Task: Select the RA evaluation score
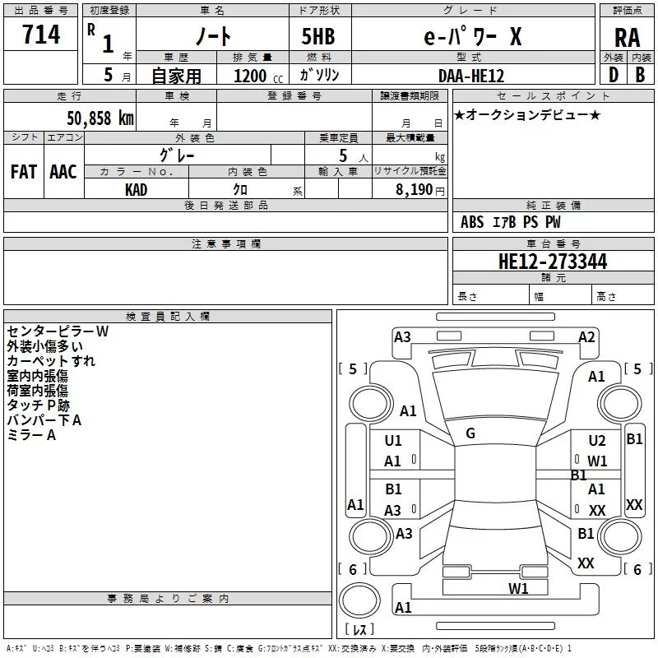pos(627,39)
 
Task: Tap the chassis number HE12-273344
pos(553,262)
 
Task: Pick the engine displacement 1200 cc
pos(256,76)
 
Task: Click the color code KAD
pos(137,188)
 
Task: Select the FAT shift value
pos(23,172)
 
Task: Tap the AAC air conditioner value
pos(63,172)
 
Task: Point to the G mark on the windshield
pos(470,433)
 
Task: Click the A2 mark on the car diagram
pos(586,336)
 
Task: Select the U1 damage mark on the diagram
pos(393,441)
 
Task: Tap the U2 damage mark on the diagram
pos(596,441)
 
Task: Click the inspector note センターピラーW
pos(58,331)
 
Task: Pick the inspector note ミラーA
pos(31,435)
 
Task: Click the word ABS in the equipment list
pos(472,222)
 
